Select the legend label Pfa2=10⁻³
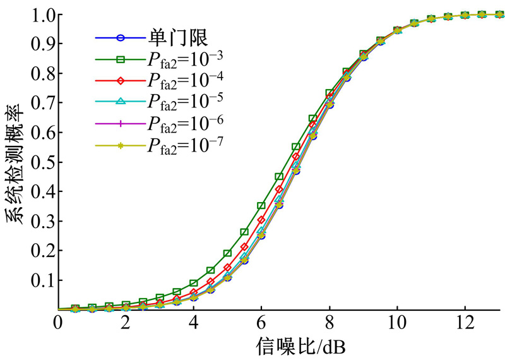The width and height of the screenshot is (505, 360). (x=187, y=59)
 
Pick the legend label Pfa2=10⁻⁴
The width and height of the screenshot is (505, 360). (x=187, y=81)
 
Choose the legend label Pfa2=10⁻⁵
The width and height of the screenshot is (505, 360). (x=187, y=102)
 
